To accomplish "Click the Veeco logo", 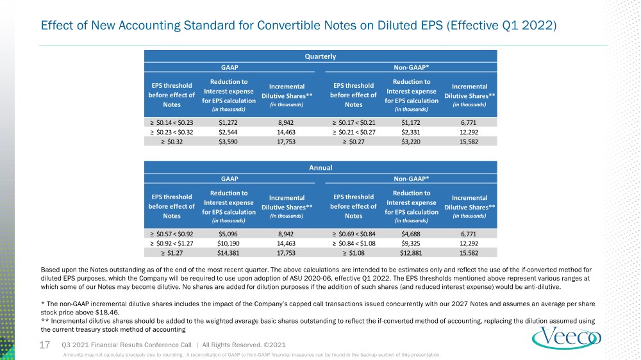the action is (567, 338).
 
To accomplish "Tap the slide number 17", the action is (45, 345).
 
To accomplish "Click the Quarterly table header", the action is (320, 56).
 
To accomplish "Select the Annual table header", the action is (320, 168).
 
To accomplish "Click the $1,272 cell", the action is (228, 122).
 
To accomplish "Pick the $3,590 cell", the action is (228, 142).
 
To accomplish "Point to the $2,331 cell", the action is (411, 133).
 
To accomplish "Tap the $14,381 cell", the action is (228, 253).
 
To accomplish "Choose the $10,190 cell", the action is (228, 243).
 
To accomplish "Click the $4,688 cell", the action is (411, 234).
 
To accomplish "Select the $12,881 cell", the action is (411, 253).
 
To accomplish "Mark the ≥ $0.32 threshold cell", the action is (172, 142).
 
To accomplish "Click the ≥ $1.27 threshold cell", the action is (172, 253).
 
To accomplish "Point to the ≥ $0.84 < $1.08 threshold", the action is (354, 243).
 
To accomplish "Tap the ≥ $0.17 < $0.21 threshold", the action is (354, 122).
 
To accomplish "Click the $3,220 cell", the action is (411, 142).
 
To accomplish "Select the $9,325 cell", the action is (411, 243).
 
